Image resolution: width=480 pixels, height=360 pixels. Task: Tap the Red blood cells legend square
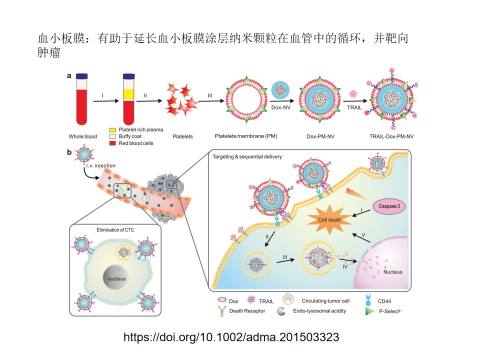point(113,143)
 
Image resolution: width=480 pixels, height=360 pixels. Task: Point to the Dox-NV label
point(282,106)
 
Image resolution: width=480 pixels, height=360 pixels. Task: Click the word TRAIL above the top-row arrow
point(354,107)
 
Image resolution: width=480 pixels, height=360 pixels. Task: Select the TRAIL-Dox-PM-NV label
point(392,136)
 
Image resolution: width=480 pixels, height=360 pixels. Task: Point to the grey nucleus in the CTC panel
point(116,278)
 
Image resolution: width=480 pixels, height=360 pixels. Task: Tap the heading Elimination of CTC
point(115,230)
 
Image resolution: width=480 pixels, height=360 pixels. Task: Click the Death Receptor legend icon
point(221,310)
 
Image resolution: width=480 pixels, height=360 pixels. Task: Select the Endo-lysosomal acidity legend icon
point(281,310)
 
